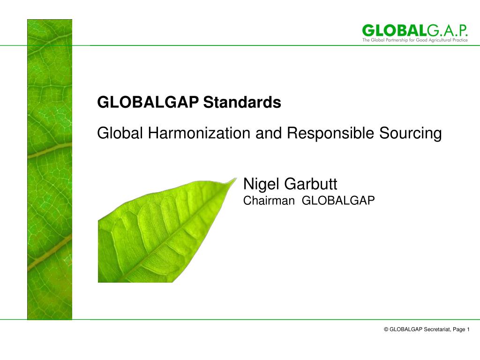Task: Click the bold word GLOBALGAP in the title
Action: [148, 102]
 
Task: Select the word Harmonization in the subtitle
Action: [200, 134]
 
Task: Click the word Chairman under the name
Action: [269, 201]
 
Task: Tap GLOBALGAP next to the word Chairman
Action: [338, 201]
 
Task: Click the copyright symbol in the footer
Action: [386, 330]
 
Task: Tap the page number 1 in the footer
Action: [468, 330]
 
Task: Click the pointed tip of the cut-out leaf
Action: [235, 179]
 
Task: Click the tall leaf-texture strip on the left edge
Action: [50, 169]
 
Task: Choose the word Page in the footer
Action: [459, 330]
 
